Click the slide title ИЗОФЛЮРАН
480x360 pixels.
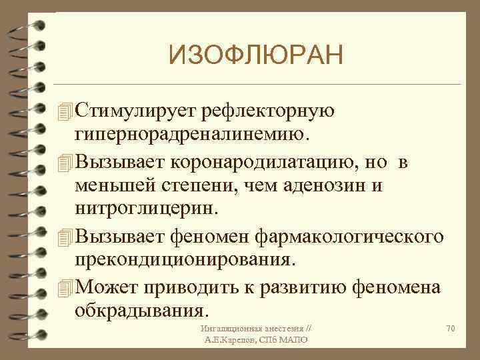pos(256,53)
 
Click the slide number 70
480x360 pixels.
pos(451,329)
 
